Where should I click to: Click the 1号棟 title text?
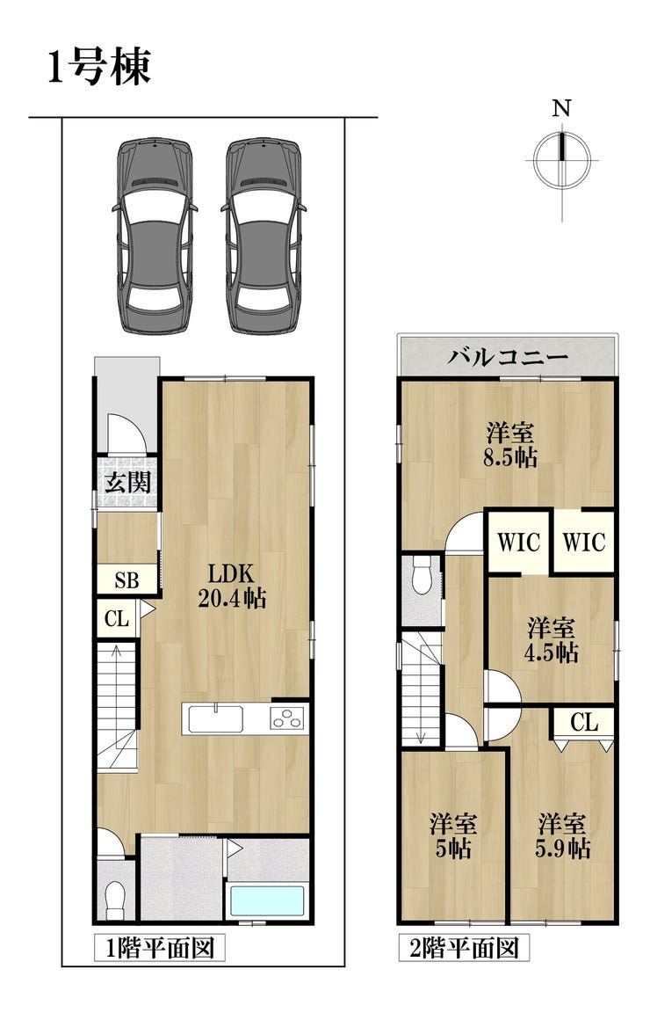[x=100, y=67]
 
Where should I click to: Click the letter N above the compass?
[x=561, y=108]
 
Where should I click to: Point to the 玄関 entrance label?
[x=128, y=483]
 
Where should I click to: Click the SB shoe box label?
[x=127, y=580]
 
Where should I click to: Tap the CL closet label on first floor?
[x=117, y=619]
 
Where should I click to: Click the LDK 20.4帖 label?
[x=231, y=586]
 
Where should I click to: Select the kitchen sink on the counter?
[x=215, y=718]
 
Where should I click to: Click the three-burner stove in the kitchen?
[x=287, y=718]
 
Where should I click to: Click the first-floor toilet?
[x=116, y=899]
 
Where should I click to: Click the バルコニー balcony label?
[x=508, y=356]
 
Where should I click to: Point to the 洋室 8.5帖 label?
[x=510, y=444]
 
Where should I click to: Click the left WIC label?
[x=518, y=542]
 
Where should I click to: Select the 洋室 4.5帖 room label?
[x=551, y=640]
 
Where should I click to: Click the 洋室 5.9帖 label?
[x=562, y=836]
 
